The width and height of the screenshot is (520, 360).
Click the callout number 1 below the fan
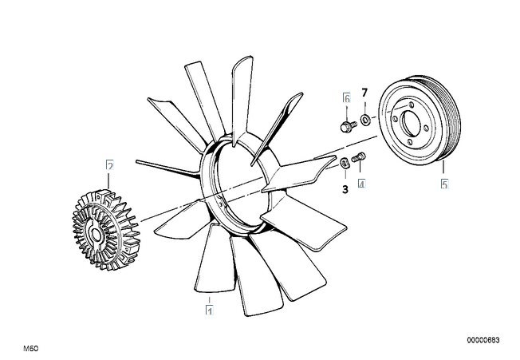tap(210, 311)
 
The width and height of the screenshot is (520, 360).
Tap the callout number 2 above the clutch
tap(110, 165)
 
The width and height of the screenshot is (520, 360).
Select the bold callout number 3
tap(345, 189)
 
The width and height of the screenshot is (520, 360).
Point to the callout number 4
tap(361, 184)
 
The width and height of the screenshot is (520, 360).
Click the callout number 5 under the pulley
tap(444, 184)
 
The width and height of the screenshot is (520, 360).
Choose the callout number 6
tap(347, 98)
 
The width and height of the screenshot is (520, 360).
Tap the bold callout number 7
tap(364, 93)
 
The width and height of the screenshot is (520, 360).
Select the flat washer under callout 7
tap(365, 119)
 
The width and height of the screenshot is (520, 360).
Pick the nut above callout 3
tap(345, 164)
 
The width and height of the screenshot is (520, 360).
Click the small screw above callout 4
tap(358, 157)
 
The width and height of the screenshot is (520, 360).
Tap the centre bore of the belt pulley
tap(411, 124)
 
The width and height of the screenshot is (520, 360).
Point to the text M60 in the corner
tap(31, 348)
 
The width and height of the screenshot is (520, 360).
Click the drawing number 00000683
tap(483, 340)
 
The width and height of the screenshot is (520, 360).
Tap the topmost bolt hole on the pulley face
tap(412, 105)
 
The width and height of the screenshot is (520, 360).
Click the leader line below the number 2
tap(108, 180)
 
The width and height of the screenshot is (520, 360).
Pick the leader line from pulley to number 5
tap(443, 167)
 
